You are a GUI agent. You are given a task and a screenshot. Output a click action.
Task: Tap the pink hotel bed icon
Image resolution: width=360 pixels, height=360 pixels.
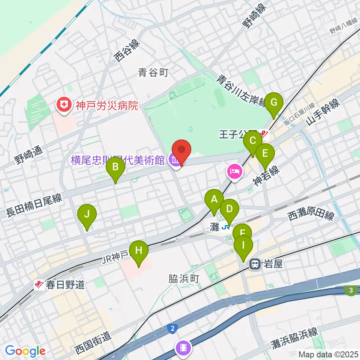235,172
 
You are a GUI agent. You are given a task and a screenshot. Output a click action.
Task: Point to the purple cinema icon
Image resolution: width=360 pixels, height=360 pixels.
183,348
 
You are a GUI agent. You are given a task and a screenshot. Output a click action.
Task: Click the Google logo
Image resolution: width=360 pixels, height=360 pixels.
25,351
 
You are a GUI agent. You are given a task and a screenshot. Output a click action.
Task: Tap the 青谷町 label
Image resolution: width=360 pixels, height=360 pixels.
153,72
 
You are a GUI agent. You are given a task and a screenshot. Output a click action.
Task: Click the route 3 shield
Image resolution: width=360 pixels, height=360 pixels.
351,290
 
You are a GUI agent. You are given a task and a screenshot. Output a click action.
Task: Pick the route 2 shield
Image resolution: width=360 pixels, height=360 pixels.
172,329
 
